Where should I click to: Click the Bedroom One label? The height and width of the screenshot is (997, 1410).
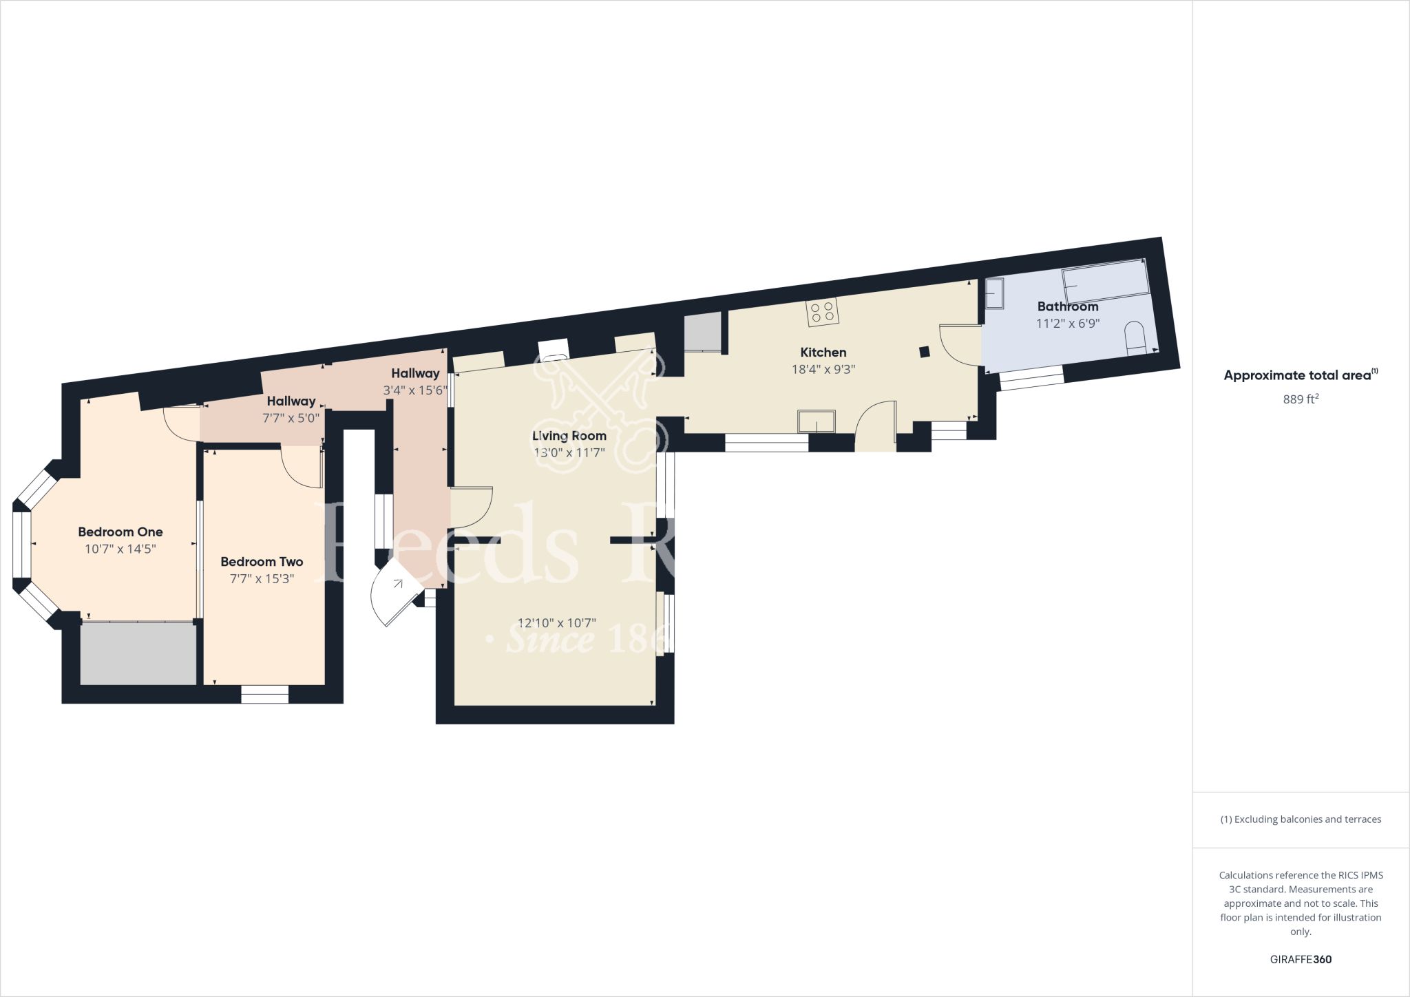click(120, 532)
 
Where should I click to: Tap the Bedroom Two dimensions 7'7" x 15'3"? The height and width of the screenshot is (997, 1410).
click(262, 579)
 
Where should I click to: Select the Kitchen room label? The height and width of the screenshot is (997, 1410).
click(823, 353)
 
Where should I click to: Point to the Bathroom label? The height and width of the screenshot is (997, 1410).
click(1067, 306)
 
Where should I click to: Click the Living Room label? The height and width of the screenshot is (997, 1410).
click(569, 436)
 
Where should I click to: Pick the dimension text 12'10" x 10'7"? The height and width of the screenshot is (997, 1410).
click(556, 623)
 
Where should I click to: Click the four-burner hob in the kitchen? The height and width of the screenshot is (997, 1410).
click(823, 312)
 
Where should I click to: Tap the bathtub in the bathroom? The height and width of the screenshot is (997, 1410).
click(1106, 281)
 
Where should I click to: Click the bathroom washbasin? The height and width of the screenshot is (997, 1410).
click(994, 294)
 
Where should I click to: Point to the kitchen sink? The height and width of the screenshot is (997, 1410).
click(816, 421)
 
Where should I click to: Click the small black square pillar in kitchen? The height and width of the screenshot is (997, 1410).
click(925, 352)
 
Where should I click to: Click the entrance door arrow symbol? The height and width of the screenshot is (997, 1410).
click(398, 584)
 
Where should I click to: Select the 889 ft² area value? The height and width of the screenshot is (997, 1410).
click(1301, 399)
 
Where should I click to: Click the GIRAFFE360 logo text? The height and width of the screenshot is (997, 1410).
click(1301, 960)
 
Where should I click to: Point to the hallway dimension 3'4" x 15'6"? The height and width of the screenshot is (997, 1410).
click(415, 390)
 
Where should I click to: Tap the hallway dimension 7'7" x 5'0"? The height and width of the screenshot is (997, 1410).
click(291, 418)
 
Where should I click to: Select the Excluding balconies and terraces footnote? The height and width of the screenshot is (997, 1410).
click(1301, 819)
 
